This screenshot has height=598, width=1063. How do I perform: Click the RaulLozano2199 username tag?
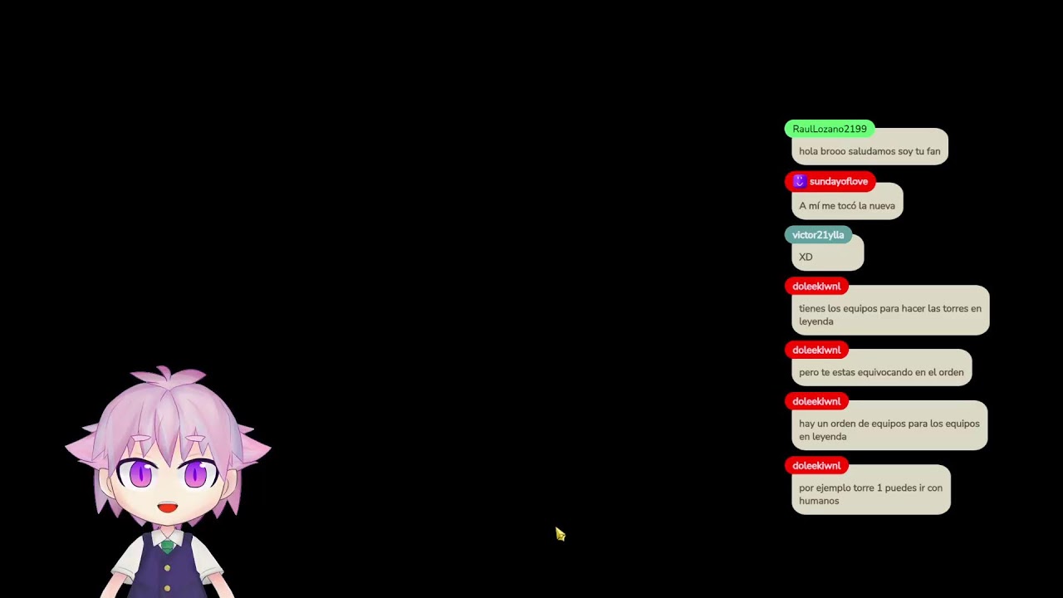829,129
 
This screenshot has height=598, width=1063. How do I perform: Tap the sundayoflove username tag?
830,182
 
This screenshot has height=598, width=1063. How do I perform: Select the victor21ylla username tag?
818,235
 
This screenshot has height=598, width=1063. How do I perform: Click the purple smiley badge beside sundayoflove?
800,181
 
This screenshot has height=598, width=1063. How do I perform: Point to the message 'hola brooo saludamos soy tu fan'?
870,151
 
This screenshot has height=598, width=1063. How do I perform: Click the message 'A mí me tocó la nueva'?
847,205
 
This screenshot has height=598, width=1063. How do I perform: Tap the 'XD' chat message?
828,257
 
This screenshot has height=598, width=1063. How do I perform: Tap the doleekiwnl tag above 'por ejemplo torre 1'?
816,466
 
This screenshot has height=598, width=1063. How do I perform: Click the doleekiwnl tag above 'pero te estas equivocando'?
816,350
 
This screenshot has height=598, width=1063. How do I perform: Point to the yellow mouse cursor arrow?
560,534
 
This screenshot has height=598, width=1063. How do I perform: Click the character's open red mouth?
168,507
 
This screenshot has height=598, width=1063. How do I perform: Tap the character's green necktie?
167,547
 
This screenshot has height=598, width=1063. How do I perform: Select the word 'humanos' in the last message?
819,501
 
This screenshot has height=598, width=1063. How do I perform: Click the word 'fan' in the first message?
933,151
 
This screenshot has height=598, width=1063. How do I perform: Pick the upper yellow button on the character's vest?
167,567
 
